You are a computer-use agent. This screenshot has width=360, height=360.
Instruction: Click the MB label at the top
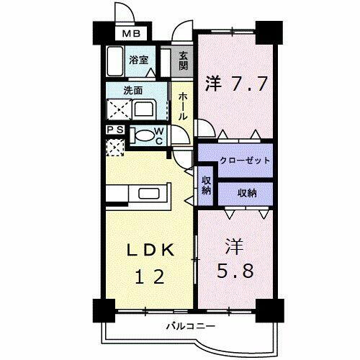point(130,32)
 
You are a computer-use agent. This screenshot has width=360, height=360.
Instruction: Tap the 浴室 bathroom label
point(138,60)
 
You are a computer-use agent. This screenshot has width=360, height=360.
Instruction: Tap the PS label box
point(113,130)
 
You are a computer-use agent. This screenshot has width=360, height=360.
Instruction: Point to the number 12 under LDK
point(150,276)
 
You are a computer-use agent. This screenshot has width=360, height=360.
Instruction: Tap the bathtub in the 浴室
point(116,63)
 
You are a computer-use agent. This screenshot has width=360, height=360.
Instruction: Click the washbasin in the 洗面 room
point(144,110)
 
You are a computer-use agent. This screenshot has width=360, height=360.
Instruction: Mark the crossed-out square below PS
point(113,147)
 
